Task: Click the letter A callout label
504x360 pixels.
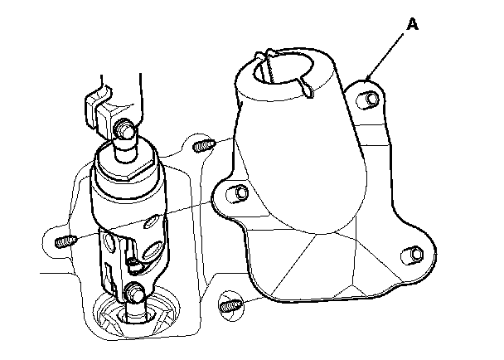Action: [412, 26]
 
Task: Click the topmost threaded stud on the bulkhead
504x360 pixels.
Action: [205, 146]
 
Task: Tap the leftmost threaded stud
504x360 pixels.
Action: [65, 242]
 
